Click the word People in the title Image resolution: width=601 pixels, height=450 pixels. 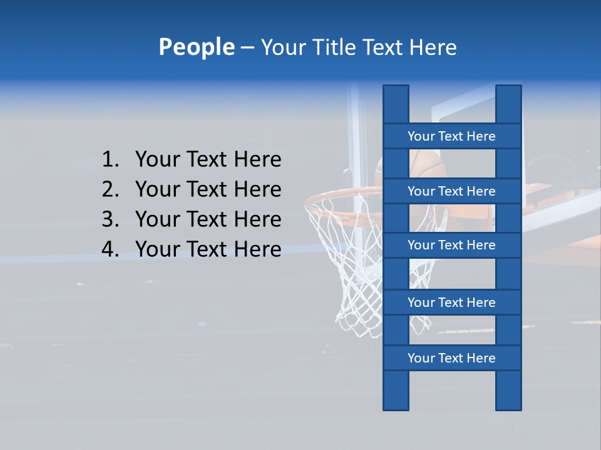(196, 47)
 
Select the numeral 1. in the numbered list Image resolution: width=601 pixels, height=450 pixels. (110, 159)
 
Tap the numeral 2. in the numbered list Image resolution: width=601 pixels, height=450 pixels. (110, 189)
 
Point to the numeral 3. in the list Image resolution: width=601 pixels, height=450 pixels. (110, 219)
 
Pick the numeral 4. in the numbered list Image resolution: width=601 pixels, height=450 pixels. (110, 249)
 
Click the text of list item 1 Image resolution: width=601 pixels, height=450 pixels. (208, 159)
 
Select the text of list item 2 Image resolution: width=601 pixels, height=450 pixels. (208, 189)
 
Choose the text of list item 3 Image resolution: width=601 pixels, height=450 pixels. (208, 219)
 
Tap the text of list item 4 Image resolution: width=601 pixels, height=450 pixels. (208, 249)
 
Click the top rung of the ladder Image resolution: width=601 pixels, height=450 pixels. (451, 136)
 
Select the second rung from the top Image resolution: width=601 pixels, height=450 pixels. (451, 191)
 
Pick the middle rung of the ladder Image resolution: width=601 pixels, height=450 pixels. (451, 245)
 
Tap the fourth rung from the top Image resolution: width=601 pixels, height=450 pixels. (451, 302)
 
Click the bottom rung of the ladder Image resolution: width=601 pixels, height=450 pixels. (451, 358)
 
